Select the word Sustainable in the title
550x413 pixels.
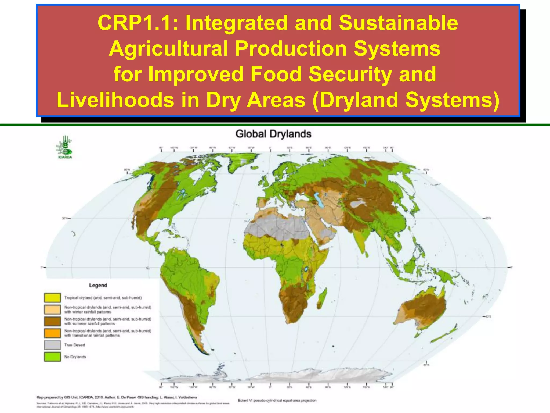(398, 23)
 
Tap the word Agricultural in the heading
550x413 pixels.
(168, 49)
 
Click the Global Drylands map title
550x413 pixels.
(273, 134)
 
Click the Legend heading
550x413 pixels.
(98, 285)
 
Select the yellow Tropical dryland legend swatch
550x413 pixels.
(52, 298)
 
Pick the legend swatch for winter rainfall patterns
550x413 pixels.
(52, 309)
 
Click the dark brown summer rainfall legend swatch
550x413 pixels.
(52, 321)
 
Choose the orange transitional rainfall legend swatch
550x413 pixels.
(52, 333)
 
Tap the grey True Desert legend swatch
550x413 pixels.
(52, 345)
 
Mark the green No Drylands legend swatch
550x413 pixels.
(52, 357)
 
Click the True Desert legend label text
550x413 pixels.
(75, 345)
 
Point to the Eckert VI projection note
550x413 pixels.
(277, 400)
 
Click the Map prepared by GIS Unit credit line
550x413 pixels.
(117, 397)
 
